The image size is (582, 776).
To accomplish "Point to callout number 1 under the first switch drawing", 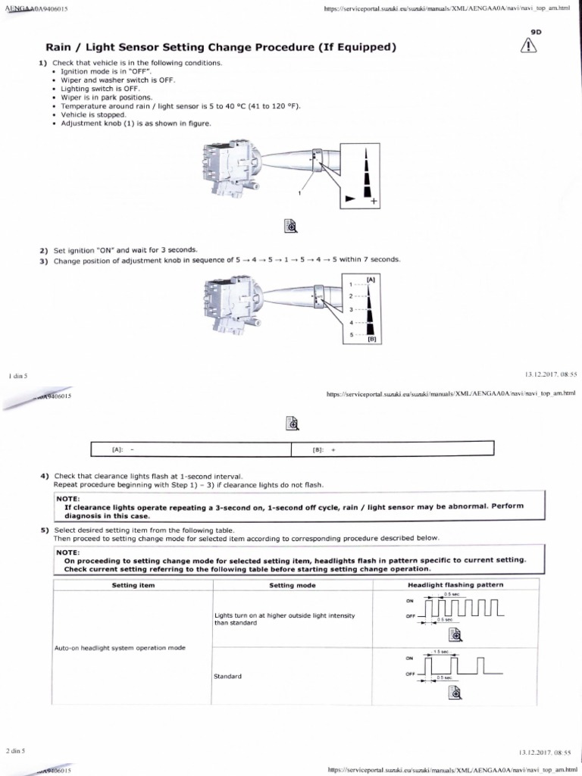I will (299, 194).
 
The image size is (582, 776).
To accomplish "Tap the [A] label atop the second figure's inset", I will (371, 280).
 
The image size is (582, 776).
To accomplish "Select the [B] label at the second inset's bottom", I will (372, 339).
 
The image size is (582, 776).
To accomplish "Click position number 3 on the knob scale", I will (351, 309).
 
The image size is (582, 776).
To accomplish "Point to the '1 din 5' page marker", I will (17, 375).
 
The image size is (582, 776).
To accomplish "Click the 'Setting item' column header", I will (133, 585).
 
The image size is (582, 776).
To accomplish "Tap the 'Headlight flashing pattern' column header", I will (455, 585).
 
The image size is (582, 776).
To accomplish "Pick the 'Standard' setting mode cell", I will (228, 676).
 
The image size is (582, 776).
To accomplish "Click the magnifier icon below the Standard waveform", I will (455, 693).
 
